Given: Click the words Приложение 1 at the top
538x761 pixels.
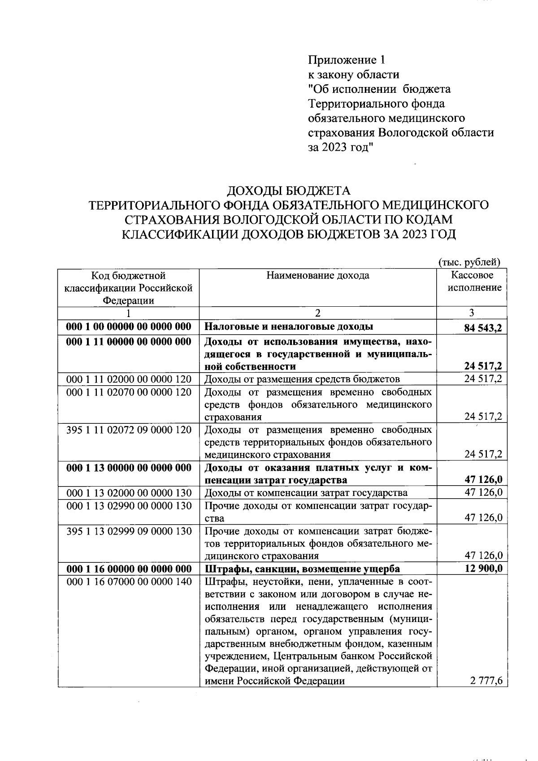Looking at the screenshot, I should pos(346,60).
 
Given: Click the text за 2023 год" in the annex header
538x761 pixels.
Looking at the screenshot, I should pos(341,148).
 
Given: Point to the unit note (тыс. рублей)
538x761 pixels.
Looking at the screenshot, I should pos(469,262).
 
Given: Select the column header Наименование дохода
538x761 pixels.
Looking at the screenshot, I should pos(318,275).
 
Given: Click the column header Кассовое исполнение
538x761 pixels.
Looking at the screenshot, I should pos(472,281).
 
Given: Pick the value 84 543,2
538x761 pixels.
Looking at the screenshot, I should pos(483,328).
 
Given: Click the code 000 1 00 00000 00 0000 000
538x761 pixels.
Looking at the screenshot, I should pos(129,326).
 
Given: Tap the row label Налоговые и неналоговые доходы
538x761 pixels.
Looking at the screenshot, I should pos(289,326).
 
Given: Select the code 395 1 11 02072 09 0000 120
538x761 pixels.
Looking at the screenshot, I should pos(129,430).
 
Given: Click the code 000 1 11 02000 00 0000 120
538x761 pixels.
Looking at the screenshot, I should pos(129,379).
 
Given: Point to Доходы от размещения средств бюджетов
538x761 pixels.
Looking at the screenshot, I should pos(302,379).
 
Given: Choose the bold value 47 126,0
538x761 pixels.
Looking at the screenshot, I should pos(483,480).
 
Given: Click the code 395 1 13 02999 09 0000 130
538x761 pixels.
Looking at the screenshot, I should pos(129,531).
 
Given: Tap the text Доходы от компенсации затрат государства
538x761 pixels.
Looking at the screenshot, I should pos(306,493).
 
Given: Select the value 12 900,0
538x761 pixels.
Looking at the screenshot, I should pos(483,569).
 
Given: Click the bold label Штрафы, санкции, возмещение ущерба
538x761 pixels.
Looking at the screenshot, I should pos(302,569).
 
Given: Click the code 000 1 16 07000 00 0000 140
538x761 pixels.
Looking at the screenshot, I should pos(129,582).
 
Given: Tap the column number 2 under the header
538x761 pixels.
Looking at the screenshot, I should pos(318,313).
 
